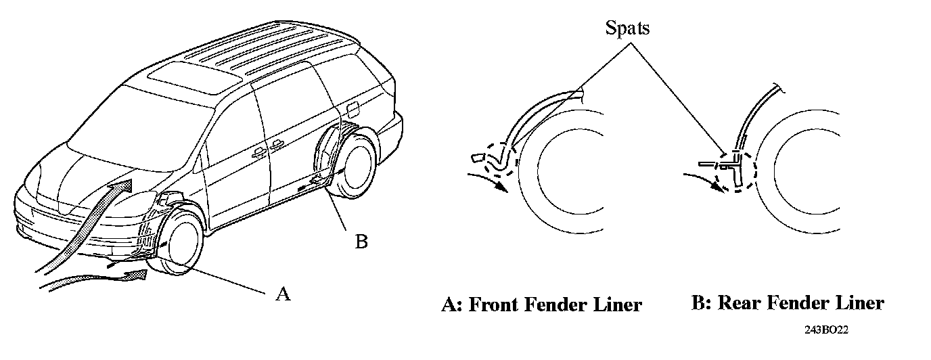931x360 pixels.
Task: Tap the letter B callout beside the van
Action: pos(361,242)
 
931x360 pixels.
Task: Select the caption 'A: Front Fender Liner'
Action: pos(541,305)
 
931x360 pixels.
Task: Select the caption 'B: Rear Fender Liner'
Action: pos(788,302)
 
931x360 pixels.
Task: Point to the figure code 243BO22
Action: pos(826,331)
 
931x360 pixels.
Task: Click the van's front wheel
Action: pos(179,244)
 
